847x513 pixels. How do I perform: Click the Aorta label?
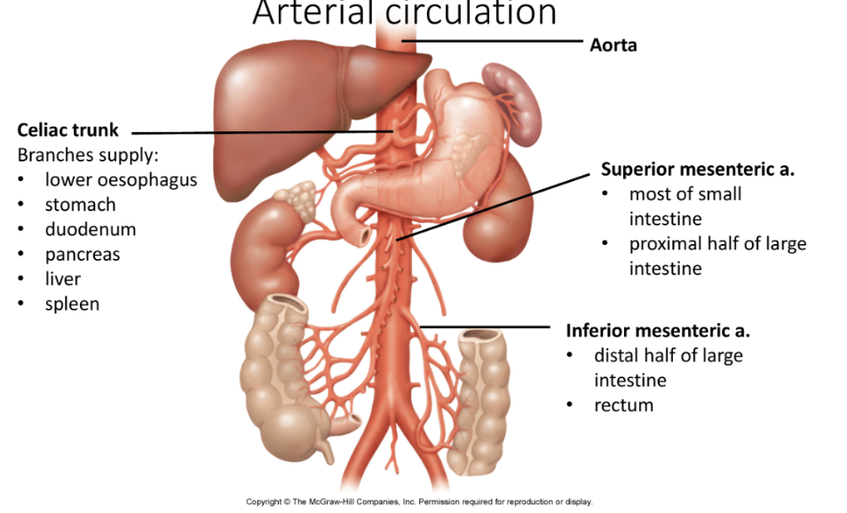pyautogui.click(x=613, y=44)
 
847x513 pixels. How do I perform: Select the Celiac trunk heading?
pyautogui.click(x=67, y=130)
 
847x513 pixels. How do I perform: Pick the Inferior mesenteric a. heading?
pyautogui.click(x=658, y=331)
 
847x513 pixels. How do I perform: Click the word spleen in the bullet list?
pyautogui.click(x=72, y=304)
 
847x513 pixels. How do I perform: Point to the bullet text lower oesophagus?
pyautogui.click(x=121, y=180)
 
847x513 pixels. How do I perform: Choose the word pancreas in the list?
pyautogui.click(x=83, y=254)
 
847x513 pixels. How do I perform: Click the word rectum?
pyautogui.click(x=623, y=406)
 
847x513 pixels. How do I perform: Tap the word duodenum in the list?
pyautogui.click(x=91, y=229)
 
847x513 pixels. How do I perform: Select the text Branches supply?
pyautogui.click(x=87, y=155)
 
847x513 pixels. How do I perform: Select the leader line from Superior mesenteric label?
pyautogui.click(x=497, y=206)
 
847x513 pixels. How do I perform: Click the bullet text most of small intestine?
pyautogui.click(x=685, y=206)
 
